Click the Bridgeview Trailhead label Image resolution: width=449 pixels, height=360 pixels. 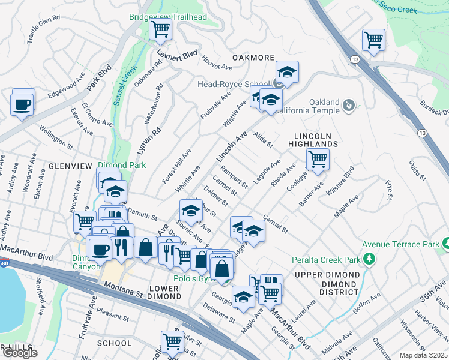pos(160,17)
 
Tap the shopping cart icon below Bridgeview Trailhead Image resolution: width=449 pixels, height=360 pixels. pos(160,29)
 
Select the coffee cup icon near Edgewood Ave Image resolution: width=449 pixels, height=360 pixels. pos(22,106)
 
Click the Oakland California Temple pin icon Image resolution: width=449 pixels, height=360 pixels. pos(348,106)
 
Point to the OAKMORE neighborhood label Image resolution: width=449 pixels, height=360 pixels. pos(252,58)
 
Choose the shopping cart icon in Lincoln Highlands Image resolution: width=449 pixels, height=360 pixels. pos(317,160)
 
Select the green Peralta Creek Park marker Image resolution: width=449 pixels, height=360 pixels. pos(370,259)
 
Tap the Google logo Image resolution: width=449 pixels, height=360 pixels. pos(20,353)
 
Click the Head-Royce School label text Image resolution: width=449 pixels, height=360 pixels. pos(234,84)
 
